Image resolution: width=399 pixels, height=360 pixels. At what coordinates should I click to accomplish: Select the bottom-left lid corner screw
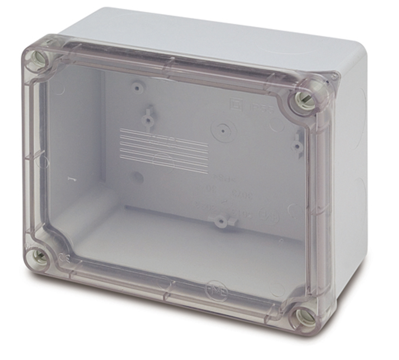tap(40, 257)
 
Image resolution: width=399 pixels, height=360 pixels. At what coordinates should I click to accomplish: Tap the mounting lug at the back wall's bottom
tap(220, 220)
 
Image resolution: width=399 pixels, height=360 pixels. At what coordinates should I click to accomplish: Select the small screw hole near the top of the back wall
tap(137, 88)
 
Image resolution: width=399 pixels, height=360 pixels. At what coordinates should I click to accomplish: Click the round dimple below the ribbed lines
tap(136, 177)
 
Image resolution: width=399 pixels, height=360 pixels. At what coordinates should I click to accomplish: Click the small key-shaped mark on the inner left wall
tap(69, 179)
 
